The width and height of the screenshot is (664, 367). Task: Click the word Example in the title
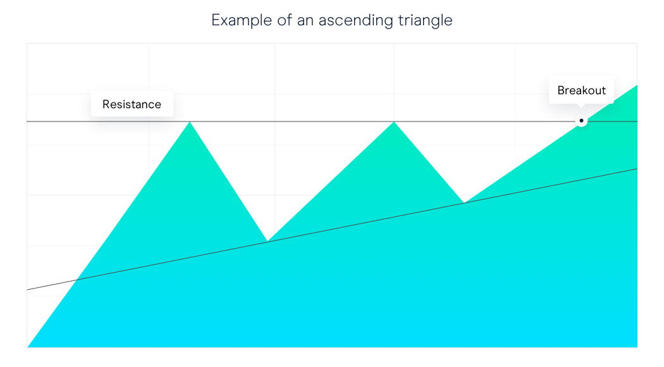point(242,20)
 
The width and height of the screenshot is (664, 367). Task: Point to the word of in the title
point(285,20)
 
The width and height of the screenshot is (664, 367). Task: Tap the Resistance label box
point(132,104)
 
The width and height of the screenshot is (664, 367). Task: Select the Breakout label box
point(581,90)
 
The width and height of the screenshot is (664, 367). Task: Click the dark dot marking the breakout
point(581,121)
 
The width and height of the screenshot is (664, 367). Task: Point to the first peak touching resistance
point(190,122)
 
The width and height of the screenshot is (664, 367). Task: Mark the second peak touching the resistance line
point(394,122)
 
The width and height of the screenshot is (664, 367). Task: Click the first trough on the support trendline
point(267,241)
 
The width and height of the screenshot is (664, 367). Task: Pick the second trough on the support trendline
point(464,202)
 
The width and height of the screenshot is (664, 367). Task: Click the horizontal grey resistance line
point(332,121)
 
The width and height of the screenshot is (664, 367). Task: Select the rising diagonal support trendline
point(332,229)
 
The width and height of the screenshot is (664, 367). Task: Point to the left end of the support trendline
point(27,290)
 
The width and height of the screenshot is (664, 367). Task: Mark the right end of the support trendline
point(637,169)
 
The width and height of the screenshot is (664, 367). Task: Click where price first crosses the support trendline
point(77,280)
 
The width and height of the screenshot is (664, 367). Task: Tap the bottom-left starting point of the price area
point(28,347)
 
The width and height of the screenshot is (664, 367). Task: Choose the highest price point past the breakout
point(637,85)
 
